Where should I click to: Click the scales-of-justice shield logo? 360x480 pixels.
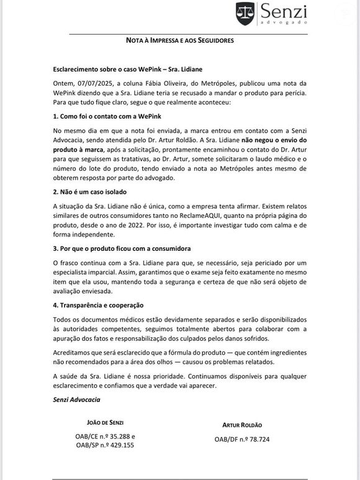pyautogui.click(x=245, y=12)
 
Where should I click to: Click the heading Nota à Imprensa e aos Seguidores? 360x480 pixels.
pyautogui.click(x=180, y=40)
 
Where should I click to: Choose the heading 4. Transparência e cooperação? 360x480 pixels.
pyautogui.click(x=99, y=305)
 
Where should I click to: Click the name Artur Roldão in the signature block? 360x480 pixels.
pyautogui.click(x=242, y=425)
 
